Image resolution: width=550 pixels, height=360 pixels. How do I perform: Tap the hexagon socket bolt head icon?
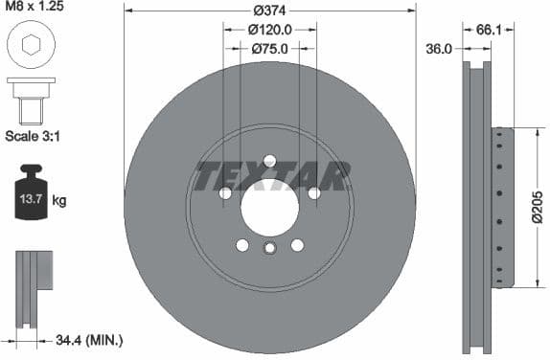31,45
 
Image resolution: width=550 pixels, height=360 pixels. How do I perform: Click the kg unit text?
59,200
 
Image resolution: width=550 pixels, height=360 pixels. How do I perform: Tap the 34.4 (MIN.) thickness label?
90,340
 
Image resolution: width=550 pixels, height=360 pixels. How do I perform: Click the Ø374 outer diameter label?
269,11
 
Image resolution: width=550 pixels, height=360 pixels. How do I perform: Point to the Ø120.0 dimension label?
269,30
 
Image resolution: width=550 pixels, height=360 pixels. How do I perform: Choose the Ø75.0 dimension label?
269,48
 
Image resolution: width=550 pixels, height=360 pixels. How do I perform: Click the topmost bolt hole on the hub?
269,161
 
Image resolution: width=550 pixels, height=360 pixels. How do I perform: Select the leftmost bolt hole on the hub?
225,193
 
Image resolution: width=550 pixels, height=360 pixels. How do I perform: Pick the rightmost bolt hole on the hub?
313,193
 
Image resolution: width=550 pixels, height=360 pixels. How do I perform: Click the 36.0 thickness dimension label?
439,49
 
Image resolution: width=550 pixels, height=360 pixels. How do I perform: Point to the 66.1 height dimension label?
490,30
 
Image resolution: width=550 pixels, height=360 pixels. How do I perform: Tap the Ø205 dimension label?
538,207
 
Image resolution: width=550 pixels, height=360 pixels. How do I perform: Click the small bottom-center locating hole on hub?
269,249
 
